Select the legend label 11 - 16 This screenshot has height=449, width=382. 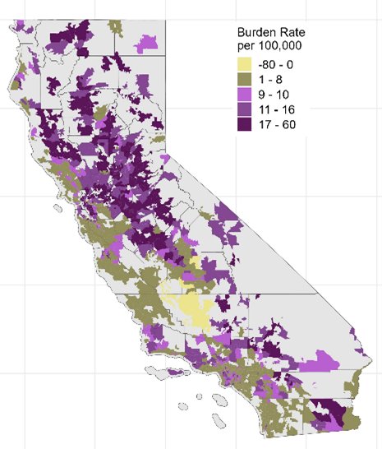276,110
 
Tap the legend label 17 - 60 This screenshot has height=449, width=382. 276,124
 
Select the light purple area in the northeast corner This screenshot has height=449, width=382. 147,40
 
